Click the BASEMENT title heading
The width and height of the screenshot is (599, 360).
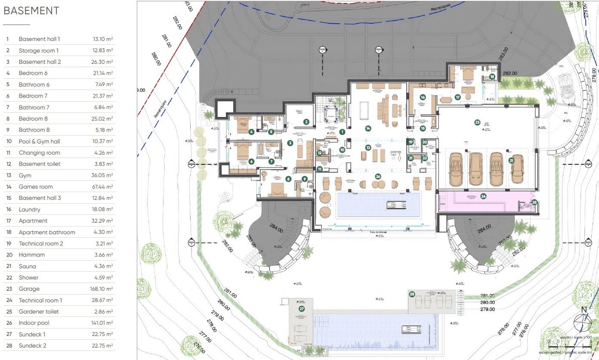(31, 11)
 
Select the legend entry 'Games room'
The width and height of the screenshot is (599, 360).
(36, 186)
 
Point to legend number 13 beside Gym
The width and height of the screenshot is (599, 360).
(7, 175)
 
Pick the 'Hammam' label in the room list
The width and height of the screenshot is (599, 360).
(31, 254)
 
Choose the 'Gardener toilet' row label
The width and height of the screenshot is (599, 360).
(39, 311)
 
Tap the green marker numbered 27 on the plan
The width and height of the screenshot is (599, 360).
(302, 309)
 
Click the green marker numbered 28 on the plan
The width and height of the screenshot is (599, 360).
(412, 295)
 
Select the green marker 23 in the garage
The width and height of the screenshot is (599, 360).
(477, 122)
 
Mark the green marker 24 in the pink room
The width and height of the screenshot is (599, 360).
(484, 196)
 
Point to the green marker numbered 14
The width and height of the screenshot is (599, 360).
(368, 128)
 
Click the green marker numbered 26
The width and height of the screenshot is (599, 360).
(378, 176)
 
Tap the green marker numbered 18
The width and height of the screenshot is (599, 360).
(492, 77)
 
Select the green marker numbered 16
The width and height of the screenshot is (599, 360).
(423, 98)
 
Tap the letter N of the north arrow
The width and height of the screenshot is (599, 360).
(584, 310)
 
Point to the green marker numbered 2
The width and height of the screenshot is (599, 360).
(306, 122)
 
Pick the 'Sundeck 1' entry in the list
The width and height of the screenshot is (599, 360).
(32, 334)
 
